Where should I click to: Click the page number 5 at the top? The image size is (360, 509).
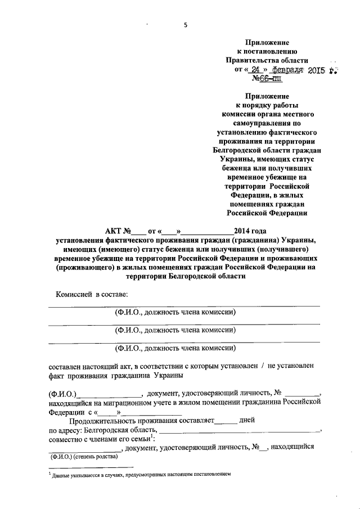point(184,25)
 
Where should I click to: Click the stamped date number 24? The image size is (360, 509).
point(259,70)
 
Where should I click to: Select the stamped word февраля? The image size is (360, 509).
point(287,70)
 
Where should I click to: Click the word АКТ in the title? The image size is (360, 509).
point(117,231)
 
